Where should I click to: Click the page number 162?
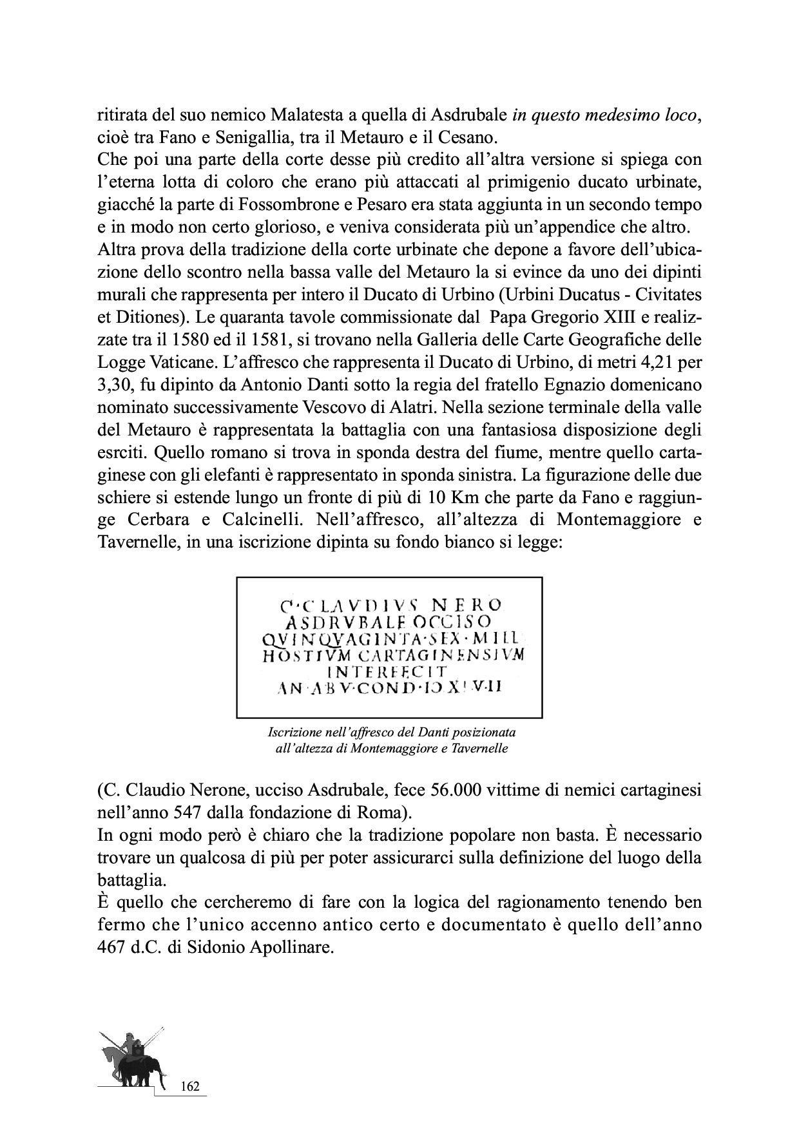click(x=191, y=1086)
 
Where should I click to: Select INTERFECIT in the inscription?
click(x=389, y=672)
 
